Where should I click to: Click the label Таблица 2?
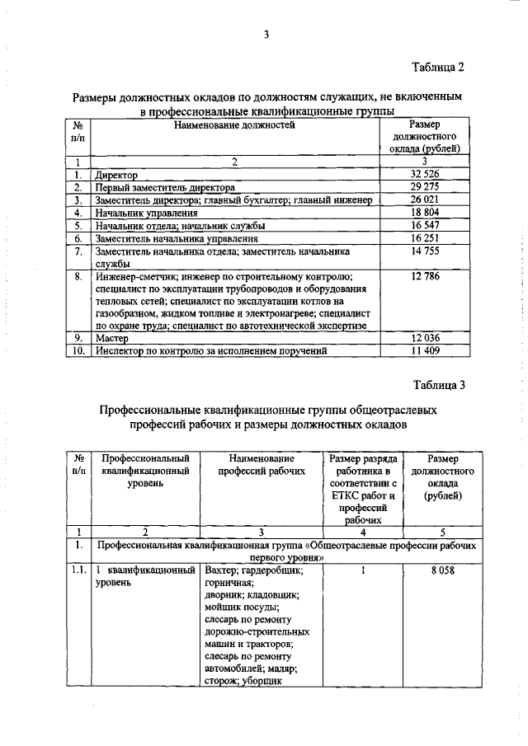(x=440, y=66)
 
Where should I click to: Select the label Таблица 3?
(x=440, y=384)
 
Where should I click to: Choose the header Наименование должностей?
(x=233, y=125)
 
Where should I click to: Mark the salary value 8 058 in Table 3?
(x=442, y=570)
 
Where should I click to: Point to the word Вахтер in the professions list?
(x=220, y=570)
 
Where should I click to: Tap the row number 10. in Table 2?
(x=78, y=350)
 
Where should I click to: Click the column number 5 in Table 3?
(x=442, y=532)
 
